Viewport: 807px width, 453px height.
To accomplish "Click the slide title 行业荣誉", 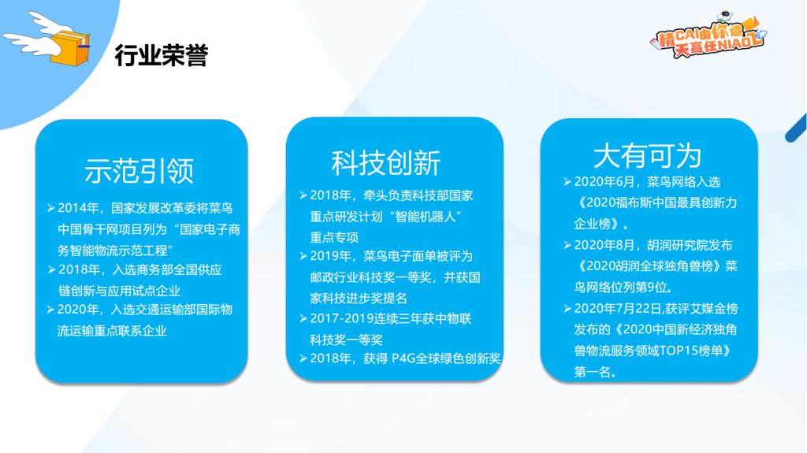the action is (x=161, y=55).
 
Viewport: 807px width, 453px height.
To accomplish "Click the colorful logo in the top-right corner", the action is (x=708, y=35).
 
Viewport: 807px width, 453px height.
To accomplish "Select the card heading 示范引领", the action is (x=139, y=171).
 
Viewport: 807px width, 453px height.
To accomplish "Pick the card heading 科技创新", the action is (x=386, y=162).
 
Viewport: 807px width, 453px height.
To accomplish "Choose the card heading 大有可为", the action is (x=648, y=155).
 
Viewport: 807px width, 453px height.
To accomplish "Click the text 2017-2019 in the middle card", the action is (x=341, y=318).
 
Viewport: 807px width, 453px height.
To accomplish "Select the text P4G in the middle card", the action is (x=403, y=358).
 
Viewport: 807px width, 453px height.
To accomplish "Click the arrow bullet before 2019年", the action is (x=303, y=256).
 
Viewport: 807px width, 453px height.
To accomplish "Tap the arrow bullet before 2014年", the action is (x=51, y=208).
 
